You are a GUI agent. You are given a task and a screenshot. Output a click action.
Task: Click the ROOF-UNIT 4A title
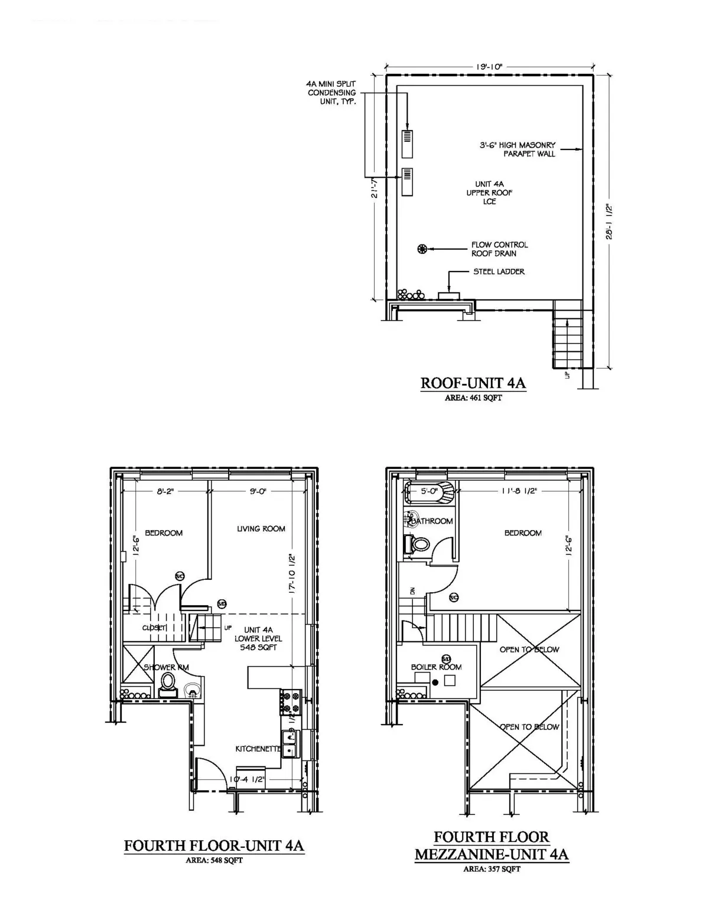pos(473,383)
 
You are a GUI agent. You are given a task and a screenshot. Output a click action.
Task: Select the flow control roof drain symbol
pos(422,249)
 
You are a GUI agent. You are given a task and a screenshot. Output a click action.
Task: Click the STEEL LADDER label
pos(499,272)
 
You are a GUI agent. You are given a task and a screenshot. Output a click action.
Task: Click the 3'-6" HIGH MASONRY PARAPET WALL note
pos(517,149)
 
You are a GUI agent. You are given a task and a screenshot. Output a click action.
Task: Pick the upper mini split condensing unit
pos(407,143)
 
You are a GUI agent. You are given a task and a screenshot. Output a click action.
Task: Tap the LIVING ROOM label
pos(261,528)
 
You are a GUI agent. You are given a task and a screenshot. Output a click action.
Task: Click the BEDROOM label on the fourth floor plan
pos(164,533)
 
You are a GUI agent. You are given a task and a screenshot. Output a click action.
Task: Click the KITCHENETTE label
pos(258,749)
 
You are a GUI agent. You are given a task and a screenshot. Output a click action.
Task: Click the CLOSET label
pos(154,628)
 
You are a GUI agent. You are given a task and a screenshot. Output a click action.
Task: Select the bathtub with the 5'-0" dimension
pos(430,492)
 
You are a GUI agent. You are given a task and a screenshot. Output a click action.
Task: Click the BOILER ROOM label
pos(436,667)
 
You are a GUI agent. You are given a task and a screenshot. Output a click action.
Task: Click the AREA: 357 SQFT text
pos(492,869)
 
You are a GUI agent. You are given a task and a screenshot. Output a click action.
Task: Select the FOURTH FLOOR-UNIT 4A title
pos(214,846)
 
